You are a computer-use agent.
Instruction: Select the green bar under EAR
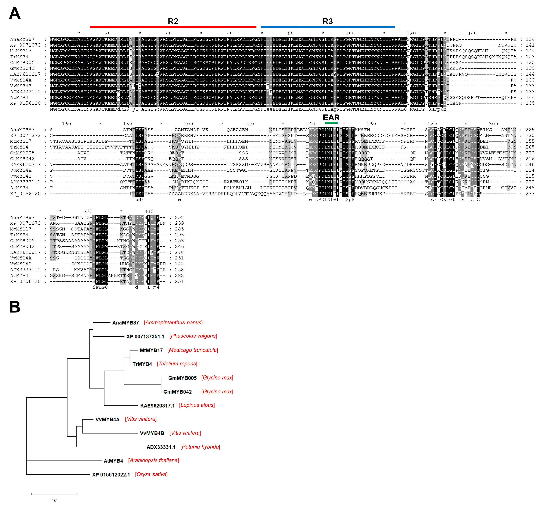[331, 123]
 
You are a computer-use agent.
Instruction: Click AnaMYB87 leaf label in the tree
[125, 323]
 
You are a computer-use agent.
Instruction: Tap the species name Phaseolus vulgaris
[193, 336]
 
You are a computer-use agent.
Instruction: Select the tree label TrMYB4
[142, 364]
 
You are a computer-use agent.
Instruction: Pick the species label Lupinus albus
[197, 405]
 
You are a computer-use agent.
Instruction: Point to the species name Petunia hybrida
[200, 447]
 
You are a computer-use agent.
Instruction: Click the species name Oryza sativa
[151, 475]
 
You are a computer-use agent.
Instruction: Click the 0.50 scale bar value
[54, 501]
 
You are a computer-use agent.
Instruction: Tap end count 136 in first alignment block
[530, 39]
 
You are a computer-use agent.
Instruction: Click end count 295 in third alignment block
[179, 235]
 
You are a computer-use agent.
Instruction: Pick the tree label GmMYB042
[177, 392]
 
